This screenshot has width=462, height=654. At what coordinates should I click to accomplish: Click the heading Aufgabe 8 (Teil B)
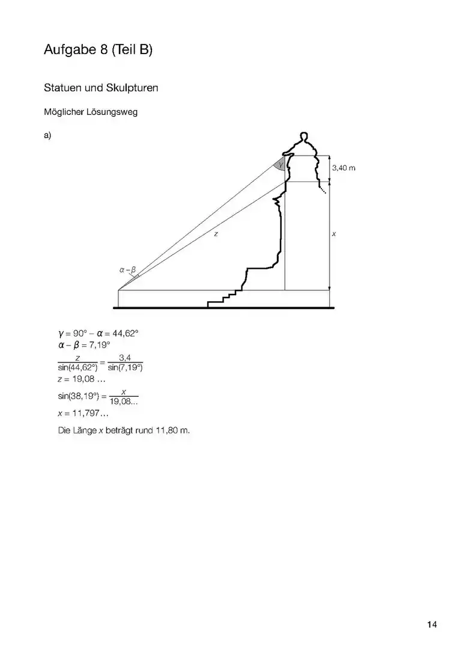(x=98, y=50)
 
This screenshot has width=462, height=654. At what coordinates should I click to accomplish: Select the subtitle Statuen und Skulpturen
(x=101, y=88)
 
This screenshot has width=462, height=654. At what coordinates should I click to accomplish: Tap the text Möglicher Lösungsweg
(x=91, y=112)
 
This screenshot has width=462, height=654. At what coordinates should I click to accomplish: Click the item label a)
(x=47, y=135)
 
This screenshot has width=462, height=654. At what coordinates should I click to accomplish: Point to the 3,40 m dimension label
(x=344, y=168)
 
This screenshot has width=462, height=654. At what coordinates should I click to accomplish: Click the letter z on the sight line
(x=216, y=234)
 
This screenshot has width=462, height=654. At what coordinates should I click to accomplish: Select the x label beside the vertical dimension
(x=334, y=234)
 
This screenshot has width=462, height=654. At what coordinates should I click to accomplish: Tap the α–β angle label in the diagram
(x=127, y=270)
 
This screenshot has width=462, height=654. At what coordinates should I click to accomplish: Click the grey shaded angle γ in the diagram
(x=280, y=164)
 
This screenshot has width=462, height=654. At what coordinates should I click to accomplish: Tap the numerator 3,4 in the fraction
(x=125, y=358)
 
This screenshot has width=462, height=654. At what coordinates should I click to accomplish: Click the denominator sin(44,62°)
(x=78, y=367)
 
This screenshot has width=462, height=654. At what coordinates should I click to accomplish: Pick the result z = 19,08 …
(x=82, y=379)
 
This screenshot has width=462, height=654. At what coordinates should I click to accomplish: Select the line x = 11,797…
(x=84, y=414)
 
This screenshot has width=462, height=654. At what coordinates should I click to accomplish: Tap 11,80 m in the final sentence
(x=172, y=430)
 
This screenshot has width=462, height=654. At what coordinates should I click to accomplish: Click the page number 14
(x=432, y=625)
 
